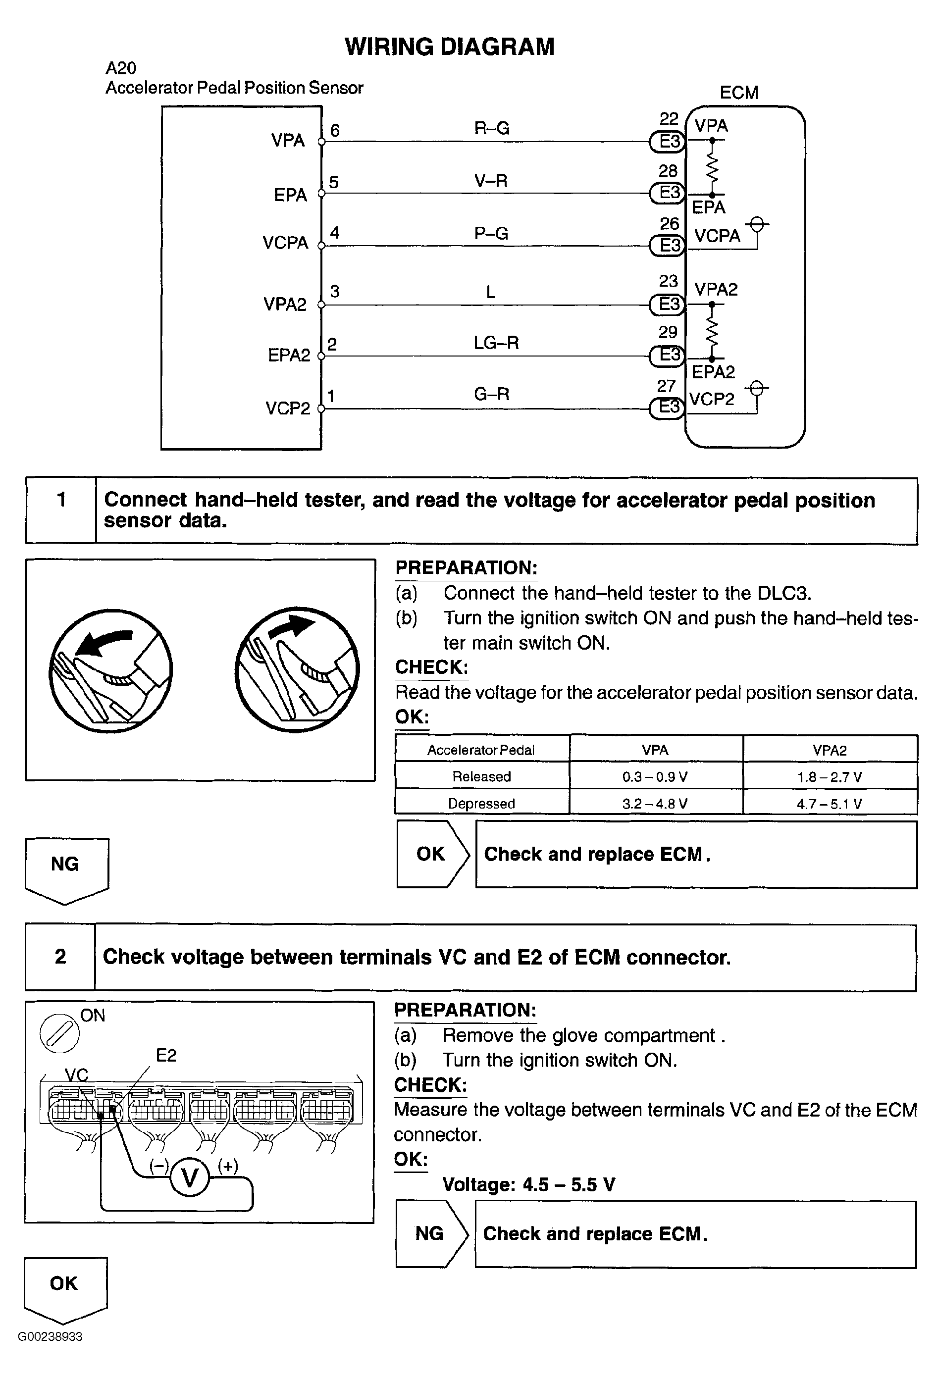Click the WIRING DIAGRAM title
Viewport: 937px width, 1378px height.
point(450,47)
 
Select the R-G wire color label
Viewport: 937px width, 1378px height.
point(492,128)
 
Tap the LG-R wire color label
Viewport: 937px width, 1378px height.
point(496,343)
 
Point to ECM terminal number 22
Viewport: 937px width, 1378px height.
point(669,119)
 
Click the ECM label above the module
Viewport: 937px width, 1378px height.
point(739,93)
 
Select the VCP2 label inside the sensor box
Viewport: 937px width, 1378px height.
point(288,408)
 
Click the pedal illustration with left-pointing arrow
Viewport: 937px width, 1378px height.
point(111,670)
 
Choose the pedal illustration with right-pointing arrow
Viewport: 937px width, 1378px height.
point(297,669)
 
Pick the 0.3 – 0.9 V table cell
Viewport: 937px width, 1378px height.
point(655,776)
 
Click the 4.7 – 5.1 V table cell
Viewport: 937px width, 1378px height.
point(830,804)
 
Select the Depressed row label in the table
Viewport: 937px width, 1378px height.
point(481,804)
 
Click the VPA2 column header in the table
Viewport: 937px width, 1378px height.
point(830,750)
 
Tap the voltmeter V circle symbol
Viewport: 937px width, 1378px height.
point(190,1177)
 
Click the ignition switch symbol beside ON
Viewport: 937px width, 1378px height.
point(59,1033)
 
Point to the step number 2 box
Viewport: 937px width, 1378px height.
point(60,957)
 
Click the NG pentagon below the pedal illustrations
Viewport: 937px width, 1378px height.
point(66,870)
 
